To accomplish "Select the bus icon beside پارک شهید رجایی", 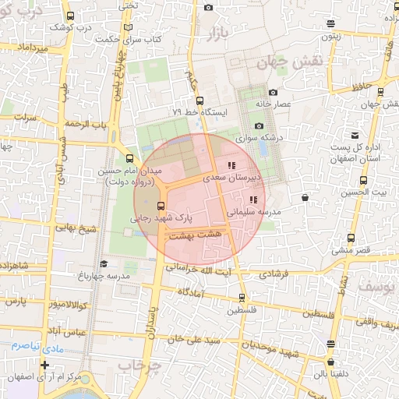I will (x=161, y=207).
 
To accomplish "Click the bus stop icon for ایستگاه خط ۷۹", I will (x=199, y=101).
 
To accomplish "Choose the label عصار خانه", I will (x=274, y=103).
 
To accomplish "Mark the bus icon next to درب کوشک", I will (x=72, y=16).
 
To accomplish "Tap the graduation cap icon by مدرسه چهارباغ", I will (x=104, y=264).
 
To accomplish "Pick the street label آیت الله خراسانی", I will (x=224, y=269).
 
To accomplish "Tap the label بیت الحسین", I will (x=368, y=192).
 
